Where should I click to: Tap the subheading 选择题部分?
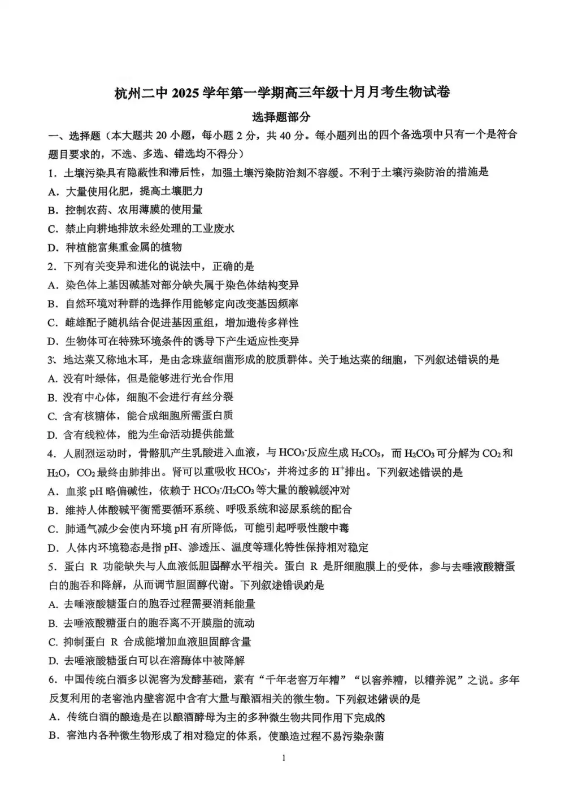coord(282,117)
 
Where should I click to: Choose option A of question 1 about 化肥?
coord(53,191)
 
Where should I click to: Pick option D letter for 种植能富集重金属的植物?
coord(53,247)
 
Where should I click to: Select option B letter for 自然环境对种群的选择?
coord(53,304)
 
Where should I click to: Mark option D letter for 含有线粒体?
coord(53,434)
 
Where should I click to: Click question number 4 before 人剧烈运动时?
coord(51,453)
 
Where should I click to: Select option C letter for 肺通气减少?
coord(53,529)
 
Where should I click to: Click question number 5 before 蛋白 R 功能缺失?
coord(51,566)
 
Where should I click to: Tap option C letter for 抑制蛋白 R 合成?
coord(53,642)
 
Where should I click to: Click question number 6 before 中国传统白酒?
coord(51,680)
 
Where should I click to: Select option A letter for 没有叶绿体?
coord(53,378)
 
